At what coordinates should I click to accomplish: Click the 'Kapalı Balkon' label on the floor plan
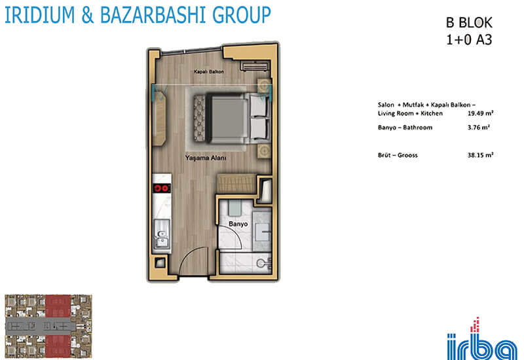pyautogui.click(x=209, y=71)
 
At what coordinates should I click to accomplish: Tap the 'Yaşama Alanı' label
pyautogui.click(x=206, y=158)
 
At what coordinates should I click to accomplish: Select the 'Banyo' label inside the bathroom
pyautogui.click(x=238, y=224)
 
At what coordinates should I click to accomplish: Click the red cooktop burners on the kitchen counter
pyautogui.click(x=162, y=188)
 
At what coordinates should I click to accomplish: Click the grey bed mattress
pyautogui.click(x=227, y=118)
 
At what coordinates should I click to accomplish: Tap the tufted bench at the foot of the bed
pyautogui.click(x=199, y=118)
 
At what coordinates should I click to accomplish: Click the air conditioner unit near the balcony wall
pyautogui.click(x=255, y=66)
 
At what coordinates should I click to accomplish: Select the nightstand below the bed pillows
pyautogui.click(x=264, y=151)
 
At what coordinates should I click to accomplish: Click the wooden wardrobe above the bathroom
pyautogui.click(x=236, y=183)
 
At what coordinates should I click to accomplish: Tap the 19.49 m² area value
pyautogui.click(x=481, y=113)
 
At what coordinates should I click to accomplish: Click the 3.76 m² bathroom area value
pyautogui.click(x=479, y=127)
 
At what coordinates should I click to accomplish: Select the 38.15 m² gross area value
pyautogui.click(x=481, y=155)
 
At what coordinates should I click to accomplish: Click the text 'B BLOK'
pyautogui.click(x=469, y=23)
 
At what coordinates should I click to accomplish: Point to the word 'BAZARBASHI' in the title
pyautogui.click(x=153, y=14)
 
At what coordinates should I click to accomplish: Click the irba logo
pyautogui.click(x=482, y=339)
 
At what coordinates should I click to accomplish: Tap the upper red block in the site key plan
pyautogui.click(x=58, y=306)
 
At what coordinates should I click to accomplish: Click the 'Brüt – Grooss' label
pyautogui.click(x=398, y=155)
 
